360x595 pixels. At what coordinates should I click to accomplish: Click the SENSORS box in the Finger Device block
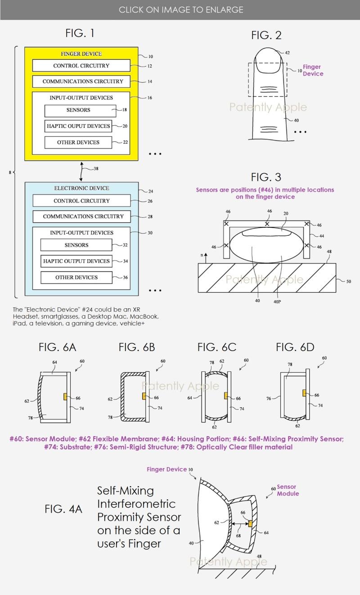78,110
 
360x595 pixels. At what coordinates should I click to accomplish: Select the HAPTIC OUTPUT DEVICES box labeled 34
76,261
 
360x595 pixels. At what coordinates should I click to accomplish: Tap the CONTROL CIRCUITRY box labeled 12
81,66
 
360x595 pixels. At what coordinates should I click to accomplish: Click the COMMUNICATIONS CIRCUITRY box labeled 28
83,216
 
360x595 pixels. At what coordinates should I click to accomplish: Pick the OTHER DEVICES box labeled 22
78,142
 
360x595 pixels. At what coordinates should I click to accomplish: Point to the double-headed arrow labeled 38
82,170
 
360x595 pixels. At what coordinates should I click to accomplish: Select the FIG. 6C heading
216,347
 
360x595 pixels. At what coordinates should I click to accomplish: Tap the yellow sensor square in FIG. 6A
65,396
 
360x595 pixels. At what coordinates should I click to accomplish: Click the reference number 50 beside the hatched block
349,281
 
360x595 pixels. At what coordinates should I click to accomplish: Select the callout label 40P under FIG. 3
277,301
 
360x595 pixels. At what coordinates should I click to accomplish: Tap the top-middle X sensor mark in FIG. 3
267,224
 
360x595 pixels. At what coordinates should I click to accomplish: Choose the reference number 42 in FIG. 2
288,53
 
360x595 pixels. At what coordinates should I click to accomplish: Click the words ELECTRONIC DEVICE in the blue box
81,188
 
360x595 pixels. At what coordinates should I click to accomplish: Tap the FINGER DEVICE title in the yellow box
81,54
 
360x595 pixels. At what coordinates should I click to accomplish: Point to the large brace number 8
10,172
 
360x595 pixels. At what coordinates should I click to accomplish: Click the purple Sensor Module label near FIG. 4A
288,490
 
